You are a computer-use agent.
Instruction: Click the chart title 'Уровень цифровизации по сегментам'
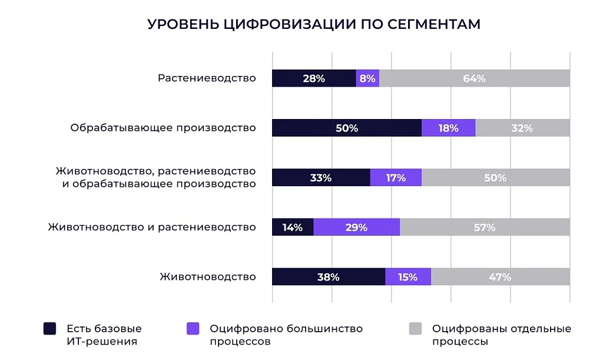point(314,24)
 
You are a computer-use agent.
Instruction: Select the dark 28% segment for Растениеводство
point(314,78)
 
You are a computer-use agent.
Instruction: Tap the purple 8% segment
point(367,78)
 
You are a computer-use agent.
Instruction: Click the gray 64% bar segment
point(474,78)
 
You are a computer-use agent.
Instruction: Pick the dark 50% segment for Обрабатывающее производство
point(346,128)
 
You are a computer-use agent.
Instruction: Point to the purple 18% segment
point(448,128)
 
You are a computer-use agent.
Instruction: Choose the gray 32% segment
point(522,128)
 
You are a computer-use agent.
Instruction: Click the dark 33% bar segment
point(321,177)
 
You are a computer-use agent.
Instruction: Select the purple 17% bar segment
point(396,177)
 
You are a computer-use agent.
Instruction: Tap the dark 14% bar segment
point(293,227)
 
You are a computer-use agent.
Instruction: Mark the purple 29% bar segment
point(356,227)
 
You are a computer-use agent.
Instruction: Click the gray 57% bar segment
point(485,227)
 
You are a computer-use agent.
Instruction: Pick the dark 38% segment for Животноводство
point(329,277)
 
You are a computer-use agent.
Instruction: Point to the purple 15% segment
point(407,277)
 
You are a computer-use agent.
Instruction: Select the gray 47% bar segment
point(500,277)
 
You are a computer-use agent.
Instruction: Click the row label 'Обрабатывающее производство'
point(163,128)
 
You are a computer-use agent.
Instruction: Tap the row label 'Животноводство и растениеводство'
point(152,227)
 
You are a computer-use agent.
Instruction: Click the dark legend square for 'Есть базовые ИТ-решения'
point(50,329)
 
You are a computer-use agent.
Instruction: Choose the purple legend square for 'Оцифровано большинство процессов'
point(193,329)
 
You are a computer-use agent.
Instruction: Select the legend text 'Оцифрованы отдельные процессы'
point(501,335)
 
